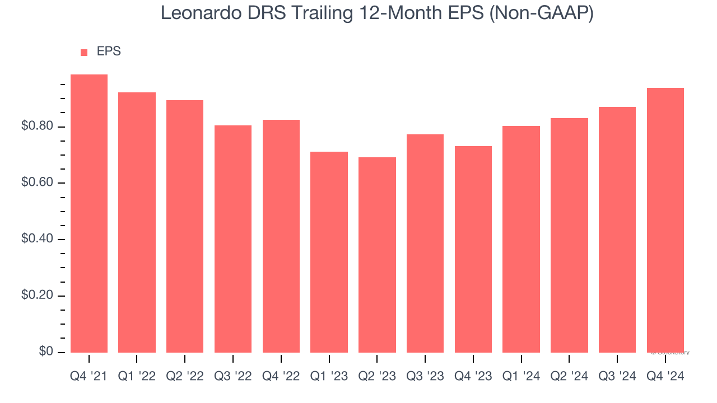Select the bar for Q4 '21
[x=89, y=213]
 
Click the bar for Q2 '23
[x=377, y=255]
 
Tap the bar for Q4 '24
[x=665, y=220]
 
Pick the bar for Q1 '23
[x=329, y=252]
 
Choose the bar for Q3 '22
[x=233, y=238]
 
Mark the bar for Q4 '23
[x=473, y=249]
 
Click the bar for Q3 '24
[x=617, y=229]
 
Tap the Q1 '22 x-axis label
[x=137, y=377]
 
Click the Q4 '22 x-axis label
[x=281, y=377]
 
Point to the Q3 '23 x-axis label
[x=425, y=377]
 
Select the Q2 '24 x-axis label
[x=569, y=377]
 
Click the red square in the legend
[x=84, y=53]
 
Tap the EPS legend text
[x=109, y=51]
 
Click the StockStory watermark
[x=671, y=353]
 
